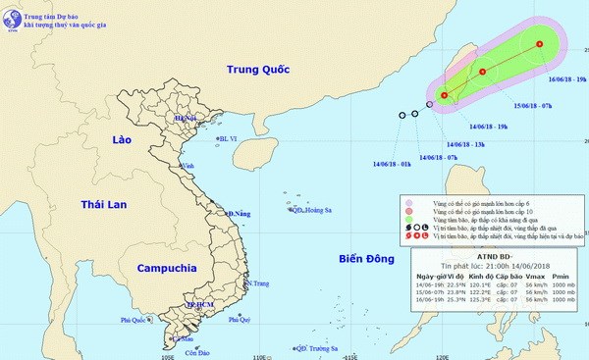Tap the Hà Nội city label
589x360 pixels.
coord(186,119)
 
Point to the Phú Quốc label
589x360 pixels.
coord(137,320)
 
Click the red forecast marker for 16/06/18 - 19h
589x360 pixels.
coord(540,44)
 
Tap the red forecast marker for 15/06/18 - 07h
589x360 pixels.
coord(483,72)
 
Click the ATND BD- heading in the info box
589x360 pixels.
coord(489,261)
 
